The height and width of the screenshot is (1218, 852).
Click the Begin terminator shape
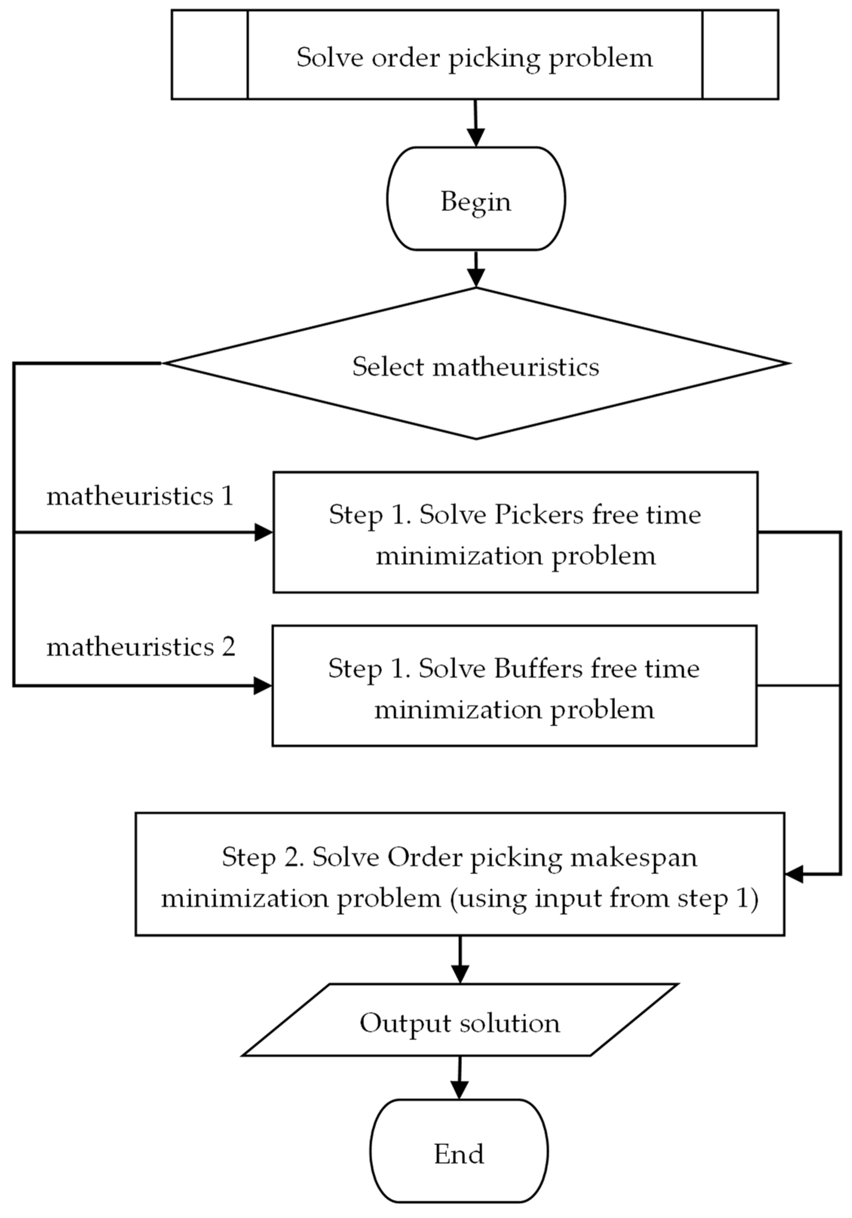pos(476,199)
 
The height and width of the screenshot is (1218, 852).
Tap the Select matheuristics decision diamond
pos(476,366)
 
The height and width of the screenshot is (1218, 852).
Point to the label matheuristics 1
pos(140,497)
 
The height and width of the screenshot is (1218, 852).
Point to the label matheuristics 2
pos(141,647)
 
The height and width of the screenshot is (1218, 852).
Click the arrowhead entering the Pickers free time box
pos(263,532)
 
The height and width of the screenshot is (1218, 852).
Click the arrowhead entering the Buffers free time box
pos(262,686)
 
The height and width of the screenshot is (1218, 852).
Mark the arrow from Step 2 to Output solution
pos(460,959)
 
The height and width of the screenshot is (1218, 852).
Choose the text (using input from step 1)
pos(604,899)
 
